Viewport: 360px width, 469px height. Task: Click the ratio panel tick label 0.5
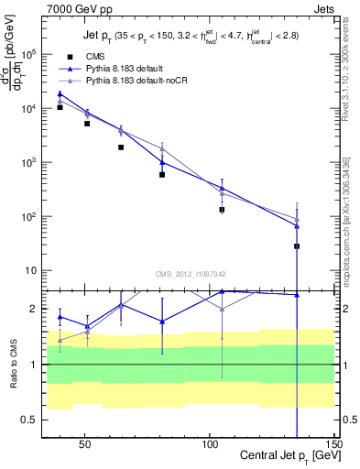[x=27, y=420]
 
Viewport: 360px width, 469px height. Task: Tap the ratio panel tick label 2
[x=31, y=309]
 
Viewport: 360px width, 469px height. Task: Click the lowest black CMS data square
[x=297, y=246]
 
